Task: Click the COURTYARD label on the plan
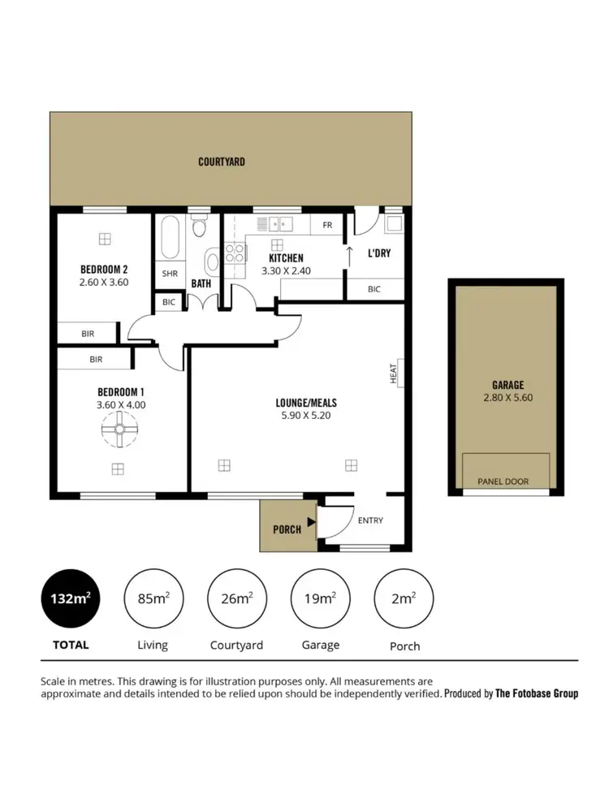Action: tap(222, 162)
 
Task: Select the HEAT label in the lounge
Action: tap(394, 374)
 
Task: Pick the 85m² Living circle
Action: tap(152, 598)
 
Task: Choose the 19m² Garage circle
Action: tap(320, 598)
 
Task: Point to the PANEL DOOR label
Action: tap(506, 482)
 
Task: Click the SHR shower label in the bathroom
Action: tap(170, 274)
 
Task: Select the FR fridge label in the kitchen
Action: tap(327, 225)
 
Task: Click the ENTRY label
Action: tap(370, 520)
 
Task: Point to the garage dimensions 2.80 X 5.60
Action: tap(508, 398)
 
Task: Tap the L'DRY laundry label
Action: tap(379, 253)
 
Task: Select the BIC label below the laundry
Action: tap(374, 289)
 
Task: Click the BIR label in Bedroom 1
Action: tap(96, 359)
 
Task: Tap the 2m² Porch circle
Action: tap(404, 598)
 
